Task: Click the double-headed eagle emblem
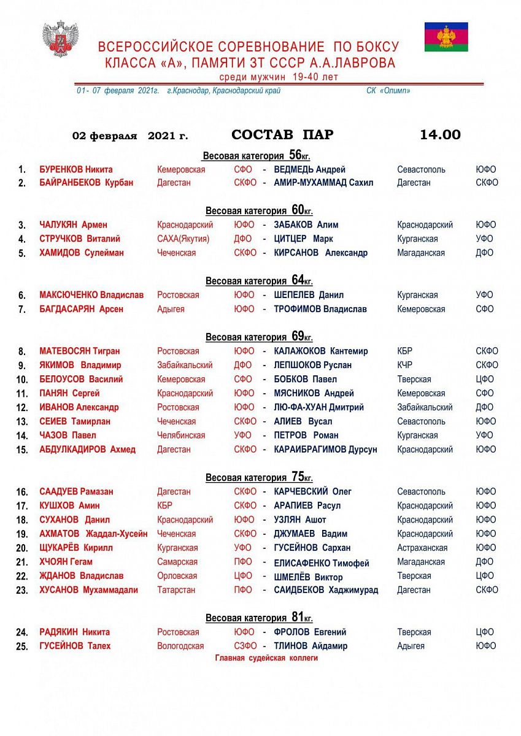pyautogui.click(x=60, y=39)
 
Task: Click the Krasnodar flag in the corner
pyautogui.click(x=446, y=37)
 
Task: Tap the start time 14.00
pyautogui.click(x=440, y=135)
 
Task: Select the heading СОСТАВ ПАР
pyautogui.click(x=282, y=135)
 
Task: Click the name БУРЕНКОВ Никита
pyautogui.click(x=76, y=169)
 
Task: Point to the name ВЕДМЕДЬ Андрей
pyautogui.click(x=310, y=169)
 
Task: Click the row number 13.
pyautogui.click(x=22, y=421)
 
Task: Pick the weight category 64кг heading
pyautogui.click(x=259, y=280)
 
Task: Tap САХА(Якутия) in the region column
pyautogui.click(x=183, y=239)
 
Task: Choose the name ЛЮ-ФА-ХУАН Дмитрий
pyautogui.click(x=319, y=407)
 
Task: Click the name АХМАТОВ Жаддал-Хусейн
pyautogui.click(x=93, y=534)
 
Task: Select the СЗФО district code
pyautogui.click(x=245, y=646)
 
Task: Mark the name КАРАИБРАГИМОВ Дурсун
pyautogui.click(x=326, y=450)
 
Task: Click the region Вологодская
pyautogui.click(x=180, y=646)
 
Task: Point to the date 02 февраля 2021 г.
pyautogui.click(x=130, y=136)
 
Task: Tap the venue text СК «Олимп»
pyautogui.click(x=388, y=91)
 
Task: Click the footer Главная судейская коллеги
pyautogui.click(x=266, y=658)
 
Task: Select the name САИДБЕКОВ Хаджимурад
pyautogui.click(x=326, y=590)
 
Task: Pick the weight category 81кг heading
pyautogui.click(x=259, y=618)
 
